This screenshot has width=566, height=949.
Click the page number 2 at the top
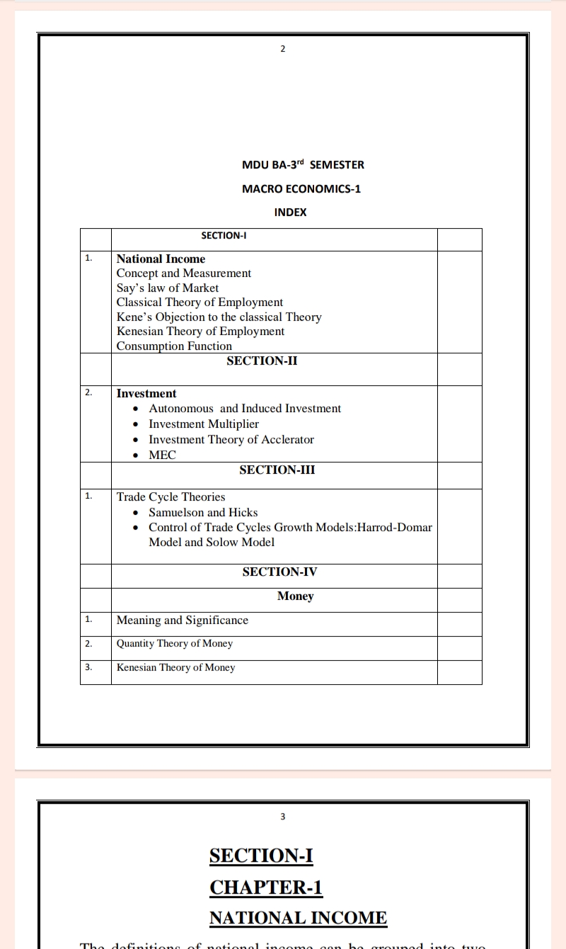click(x=283, y=48)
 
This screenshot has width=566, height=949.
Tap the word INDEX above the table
click(x=290, y=212)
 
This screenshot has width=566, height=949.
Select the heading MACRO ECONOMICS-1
click(x=301, y=188)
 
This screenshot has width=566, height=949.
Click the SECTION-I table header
click(x=223, y=235)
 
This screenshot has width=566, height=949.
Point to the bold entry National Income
click(x=161, y=258)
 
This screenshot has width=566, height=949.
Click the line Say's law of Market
click(x=168, y=288)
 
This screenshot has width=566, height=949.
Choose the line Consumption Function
click(x=174, y=346)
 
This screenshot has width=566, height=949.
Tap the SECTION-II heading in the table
click(x=262, y=361)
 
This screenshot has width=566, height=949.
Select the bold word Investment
click(x=146, y=393)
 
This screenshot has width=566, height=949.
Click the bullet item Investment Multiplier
click(x=204, y=424)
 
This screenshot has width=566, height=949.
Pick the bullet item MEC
click(x=162, y=455)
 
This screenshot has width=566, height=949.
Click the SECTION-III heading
click(x=277, y=470)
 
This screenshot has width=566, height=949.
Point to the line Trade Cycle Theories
click(x=171, y=496)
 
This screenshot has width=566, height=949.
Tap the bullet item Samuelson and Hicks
click(x=203, y=512)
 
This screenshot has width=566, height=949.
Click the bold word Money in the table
click(x=295, y=596)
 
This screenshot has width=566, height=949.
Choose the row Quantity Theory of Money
click(x=175, y=643)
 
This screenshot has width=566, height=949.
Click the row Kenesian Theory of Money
click(x=175, y=667)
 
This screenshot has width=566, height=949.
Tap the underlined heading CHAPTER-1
click(x=266, y=887)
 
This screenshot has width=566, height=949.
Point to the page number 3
click(x=283, y=817)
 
